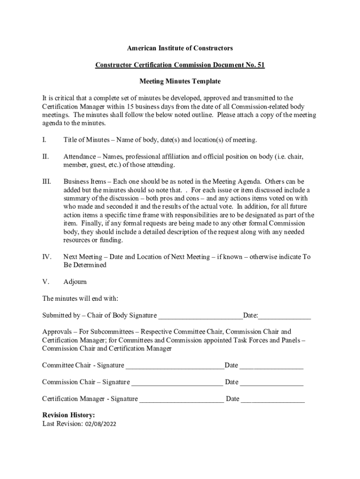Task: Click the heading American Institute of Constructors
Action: pos(180,48)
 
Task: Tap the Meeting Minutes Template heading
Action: pos(180,81)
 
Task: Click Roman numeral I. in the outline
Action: pos(44,140)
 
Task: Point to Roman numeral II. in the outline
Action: pos(45,157)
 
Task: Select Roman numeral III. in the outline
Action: pos(46,181)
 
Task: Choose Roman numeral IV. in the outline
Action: pos(46,257)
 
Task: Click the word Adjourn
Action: pos(75,282)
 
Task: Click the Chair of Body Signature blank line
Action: pos(200,316)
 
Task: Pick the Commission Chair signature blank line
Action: pos(177,383)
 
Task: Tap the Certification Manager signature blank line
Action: pos(182,399)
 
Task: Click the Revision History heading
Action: pos(69,415)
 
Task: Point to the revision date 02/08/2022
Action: pos(101,424)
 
